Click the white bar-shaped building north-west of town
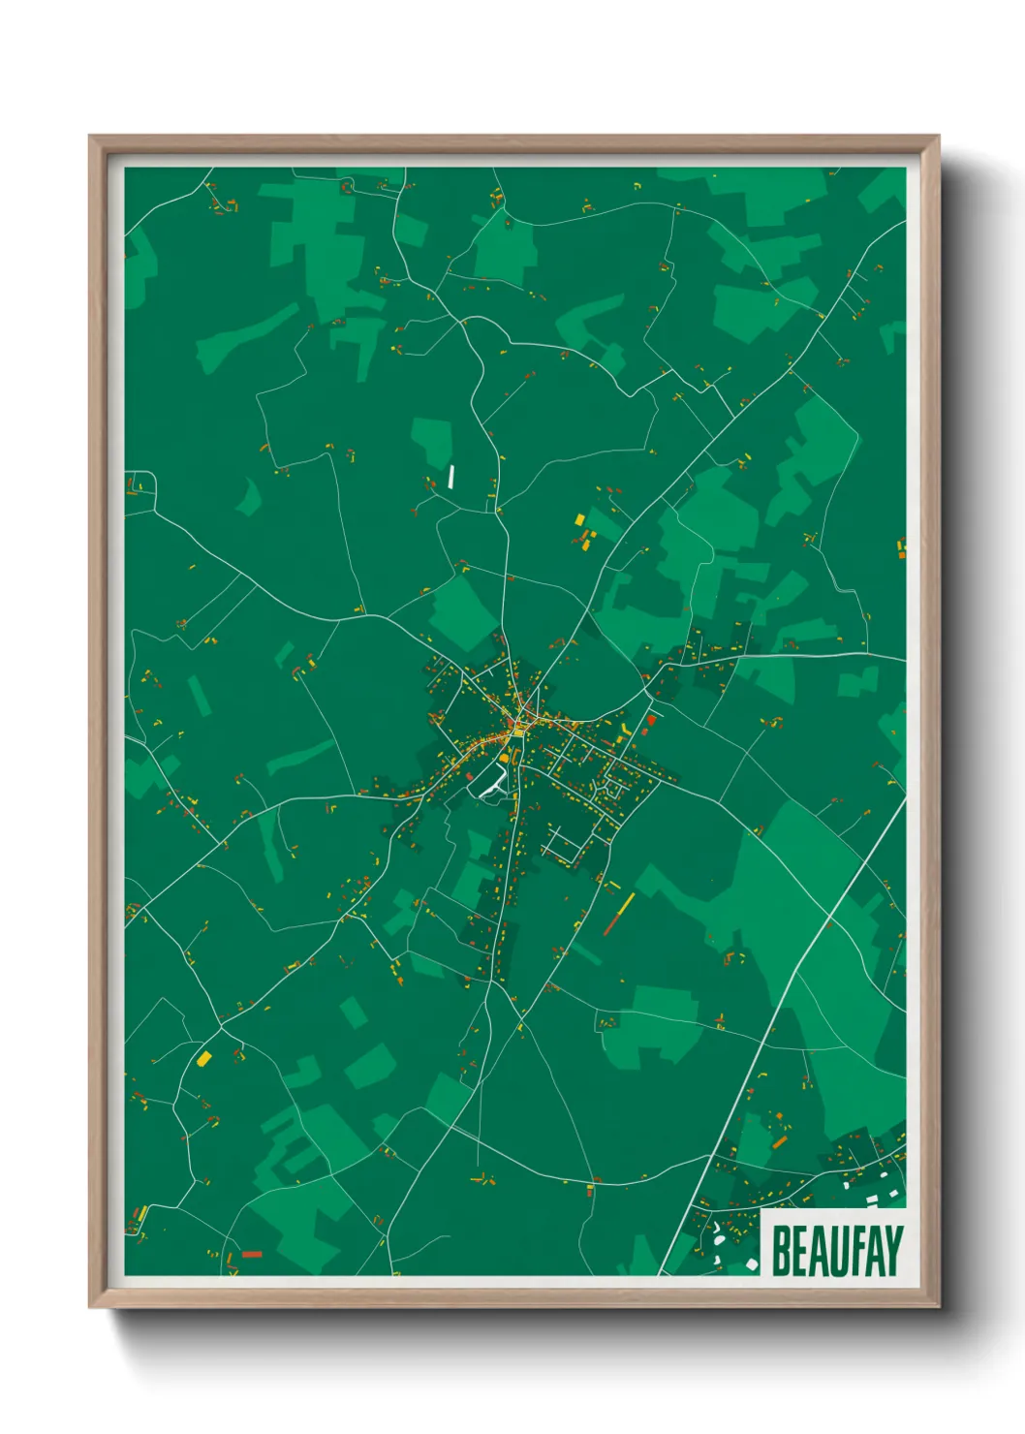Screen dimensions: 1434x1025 click(451, 476)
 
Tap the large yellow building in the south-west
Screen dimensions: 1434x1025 click(203, 1058)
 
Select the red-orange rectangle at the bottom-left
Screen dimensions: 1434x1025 click(252, 1255)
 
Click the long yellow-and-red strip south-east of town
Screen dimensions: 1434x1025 click(620, 913)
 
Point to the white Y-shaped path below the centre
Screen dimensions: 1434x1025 click(494, 783)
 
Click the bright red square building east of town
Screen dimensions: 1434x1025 click(652, 720)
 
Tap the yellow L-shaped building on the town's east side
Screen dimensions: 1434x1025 click(626, 725)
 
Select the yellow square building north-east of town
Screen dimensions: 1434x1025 click(580, 519)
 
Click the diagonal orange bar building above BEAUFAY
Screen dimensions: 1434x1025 click(779, 1142)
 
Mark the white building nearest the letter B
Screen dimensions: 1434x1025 click(752, 1264)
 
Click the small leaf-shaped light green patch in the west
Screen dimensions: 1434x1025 click(250, 496)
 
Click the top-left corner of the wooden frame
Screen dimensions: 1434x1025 click(90, 137)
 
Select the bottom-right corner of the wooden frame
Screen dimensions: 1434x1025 click(938, 1307)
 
